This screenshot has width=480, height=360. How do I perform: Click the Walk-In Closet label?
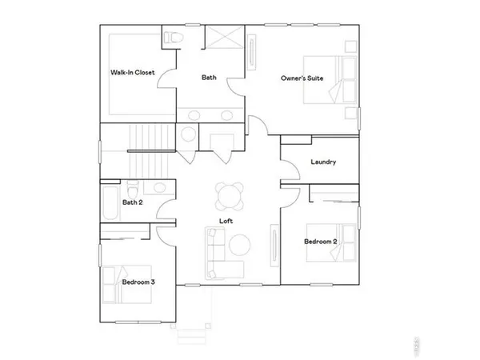tap(133, 73)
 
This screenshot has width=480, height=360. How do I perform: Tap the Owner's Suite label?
tap(302, 78)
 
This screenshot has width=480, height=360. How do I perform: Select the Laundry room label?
tap(322, 162)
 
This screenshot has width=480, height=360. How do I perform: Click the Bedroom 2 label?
tap(320, 241)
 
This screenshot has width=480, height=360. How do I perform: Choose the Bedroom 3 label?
tap(138, 282)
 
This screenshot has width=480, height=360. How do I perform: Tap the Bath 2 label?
tap(133, 202)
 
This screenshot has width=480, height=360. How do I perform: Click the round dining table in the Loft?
tap(229, 194)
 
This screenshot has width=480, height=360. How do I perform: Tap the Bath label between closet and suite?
tap(209, 78)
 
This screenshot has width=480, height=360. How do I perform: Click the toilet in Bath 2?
tap(159, 188)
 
